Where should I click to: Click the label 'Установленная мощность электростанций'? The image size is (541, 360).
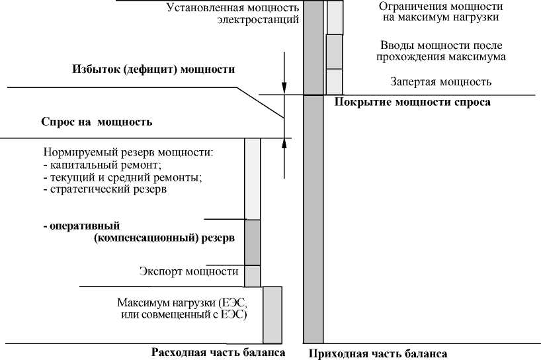pos(232,14)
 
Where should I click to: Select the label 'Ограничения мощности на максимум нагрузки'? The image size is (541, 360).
pos(441,12)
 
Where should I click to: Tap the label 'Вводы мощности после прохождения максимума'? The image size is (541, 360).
pos(441,51)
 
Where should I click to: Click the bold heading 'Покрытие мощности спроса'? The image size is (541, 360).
pos(413,102)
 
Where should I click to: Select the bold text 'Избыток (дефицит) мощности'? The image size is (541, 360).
pos(153,69)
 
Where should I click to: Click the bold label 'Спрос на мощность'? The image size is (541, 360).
pos(97,122)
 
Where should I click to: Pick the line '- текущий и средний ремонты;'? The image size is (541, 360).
pos(122,177)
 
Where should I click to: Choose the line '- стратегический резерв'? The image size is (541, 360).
pos(104,189)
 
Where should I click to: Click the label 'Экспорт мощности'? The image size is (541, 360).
pos(189,271)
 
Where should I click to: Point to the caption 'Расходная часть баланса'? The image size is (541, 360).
pos(218,352)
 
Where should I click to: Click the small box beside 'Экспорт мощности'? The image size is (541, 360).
pos(253,275)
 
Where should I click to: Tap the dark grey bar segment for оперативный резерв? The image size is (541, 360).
pos(253,242)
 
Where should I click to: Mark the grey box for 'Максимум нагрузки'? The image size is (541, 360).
pos(272,314)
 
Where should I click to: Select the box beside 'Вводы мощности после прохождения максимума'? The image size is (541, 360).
pos(334,52)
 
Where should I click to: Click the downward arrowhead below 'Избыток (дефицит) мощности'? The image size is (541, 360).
pos(284,86)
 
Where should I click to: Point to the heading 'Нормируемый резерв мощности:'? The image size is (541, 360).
pos(128,153)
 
